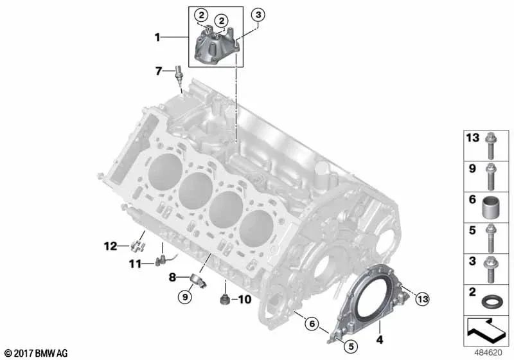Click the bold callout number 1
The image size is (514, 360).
157,37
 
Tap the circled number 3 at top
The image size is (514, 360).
258,15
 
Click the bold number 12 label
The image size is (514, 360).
111,246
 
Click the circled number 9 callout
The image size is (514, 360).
185,297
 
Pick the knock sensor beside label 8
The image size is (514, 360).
199,280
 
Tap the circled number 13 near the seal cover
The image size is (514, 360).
423,299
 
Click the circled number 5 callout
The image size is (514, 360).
351,346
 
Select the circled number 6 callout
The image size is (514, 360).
312,324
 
